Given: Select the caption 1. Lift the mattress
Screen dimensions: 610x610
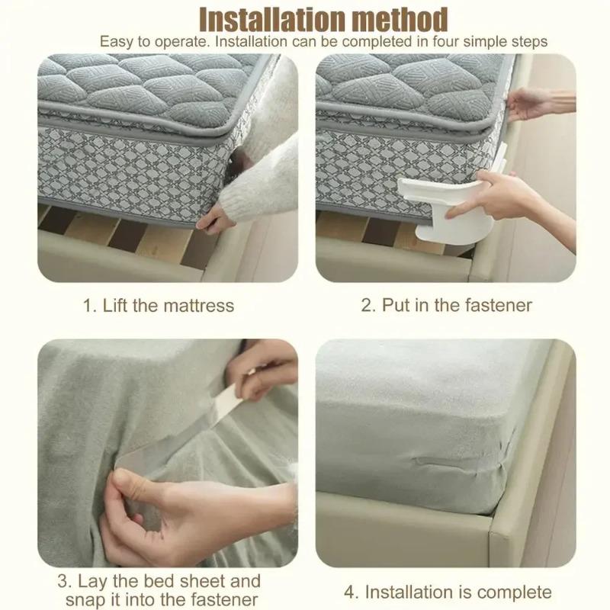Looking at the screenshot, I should tap(158, 306).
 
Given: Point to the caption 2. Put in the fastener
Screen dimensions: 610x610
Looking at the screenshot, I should tap(446, 306).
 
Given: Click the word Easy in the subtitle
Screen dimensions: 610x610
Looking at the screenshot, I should tap(114, 41).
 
